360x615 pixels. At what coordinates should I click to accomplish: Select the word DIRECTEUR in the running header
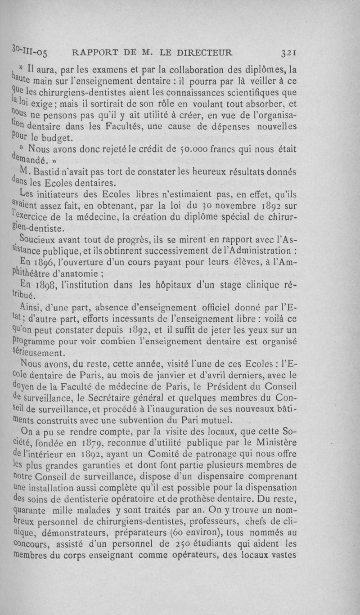coord(204,52)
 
